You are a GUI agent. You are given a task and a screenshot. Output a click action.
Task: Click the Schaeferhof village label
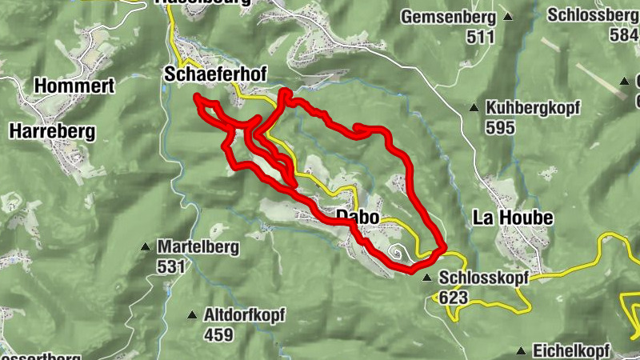point(214,74)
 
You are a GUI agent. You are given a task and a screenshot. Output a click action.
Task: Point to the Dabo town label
point(356,217)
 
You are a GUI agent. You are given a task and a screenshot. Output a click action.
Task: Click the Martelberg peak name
point(198,247)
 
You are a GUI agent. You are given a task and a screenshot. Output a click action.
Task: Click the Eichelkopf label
point(573,350)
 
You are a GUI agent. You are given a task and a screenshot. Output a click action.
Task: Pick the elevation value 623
point(453,298)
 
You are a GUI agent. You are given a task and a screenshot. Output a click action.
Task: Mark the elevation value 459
point(218,334)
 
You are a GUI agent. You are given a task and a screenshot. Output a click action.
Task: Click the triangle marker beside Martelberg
point(146,247)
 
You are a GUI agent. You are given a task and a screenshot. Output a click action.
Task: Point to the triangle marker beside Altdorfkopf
point(192,315)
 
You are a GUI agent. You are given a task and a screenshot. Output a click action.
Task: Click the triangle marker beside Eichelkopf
point(522,350)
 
